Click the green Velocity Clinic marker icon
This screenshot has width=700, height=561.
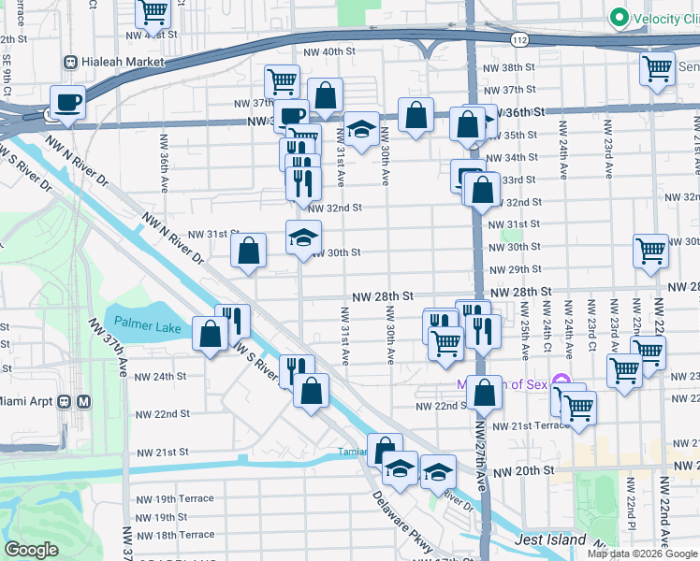pos(618,18)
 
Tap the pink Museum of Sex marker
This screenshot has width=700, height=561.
pos(561,380)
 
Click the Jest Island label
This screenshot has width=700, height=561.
pos(550,539)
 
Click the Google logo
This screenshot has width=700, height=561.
pos(32,550)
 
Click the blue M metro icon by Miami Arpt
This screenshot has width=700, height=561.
pos(84,401)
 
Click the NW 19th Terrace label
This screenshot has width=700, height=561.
pos(172,499)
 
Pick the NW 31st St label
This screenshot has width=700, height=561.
pos(214,234)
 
